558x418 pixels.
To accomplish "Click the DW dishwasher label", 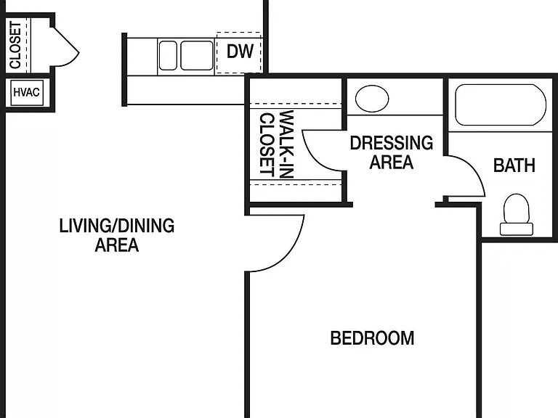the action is [x=240, y=52].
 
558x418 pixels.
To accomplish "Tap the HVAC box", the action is [x=27, y=93].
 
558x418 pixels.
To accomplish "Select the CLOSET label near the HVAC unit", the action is [x=16, y=45].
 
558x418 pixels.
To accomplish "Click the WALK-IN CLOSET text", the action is [x=277, y=144].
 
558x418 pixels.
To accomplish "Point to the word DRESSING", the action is [x=392, y=143].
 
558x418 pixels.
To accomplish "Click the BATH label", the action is [x=514, y=165].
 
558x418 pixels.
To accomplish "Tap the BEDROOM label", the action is [x=372, y=338].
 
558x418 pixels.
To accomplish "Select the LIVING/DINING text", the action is [x=117, y=226].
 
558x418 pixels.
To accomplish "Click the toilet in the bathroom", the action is [x=517, y=214].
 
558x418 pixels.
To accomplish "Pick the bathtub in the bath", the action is [x=501, y=104].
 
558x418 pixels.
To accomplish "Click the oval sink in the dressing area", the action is [x=372, y=99].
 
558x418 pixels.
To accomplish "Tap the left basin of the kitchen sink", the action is [x=168, y=55].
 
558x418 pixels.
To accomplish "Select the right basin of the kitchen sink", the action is [x=197, y=55].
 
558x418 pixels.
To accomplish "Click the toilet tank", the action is [x=517, y=229].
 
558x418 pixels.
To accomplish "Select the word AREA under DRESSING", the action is [x=392, y=162].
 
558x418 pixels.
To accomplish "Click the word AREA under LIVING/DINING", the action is [x=117, y=245].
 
